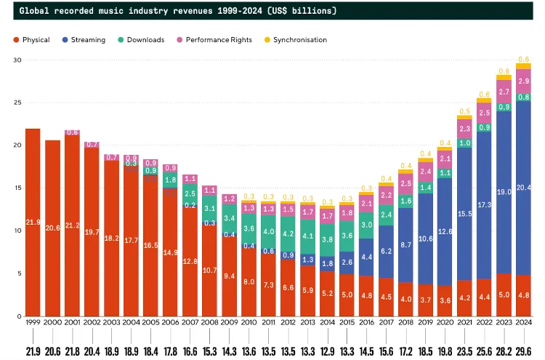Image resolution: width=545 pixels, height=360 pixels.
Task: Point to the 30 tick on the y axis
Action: coord(17,60)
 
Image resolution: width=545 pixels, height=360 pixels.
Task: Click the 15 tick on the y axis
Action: coord(17,188)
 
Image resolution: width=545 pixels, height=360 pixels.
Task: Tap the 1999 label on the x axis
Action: coord(33,321)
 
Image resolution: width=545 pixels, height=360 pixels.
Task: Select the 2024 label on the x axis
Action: coord(523,321)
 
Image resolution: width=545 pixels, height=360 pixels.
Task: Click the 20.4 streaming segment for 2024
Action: coord(523,188)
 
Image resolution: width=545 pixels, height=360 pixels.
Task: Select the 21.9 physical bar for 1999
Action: coord(33,222)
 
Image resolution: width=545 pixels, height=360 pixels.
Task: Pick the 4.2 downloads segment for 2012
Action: coord(288,234)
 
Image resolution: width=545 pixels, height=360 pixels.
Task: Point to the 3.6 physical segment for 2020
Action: coord(445,300)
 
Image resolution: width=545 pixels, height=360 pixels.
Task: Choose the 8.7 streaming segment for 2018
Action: coord(405,246)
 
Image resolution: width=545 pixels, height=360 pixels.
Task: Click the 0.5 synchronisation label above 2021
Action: coord(464,111)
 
